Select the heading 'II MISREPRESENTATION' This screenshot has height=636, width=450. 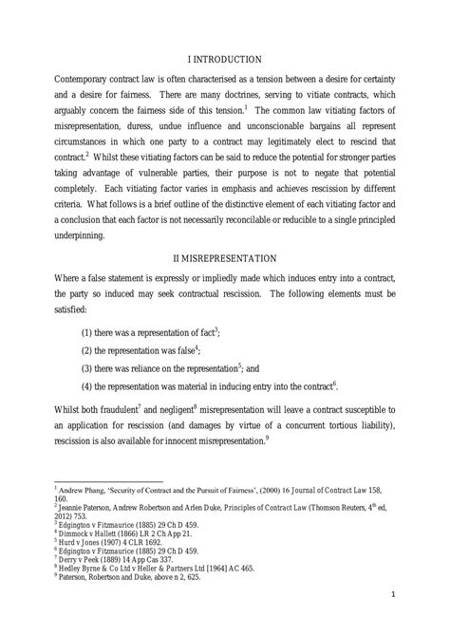click(x=225, y=257)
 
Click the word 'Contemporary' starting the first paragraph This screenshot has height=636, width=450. click(x=92, y=89)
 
